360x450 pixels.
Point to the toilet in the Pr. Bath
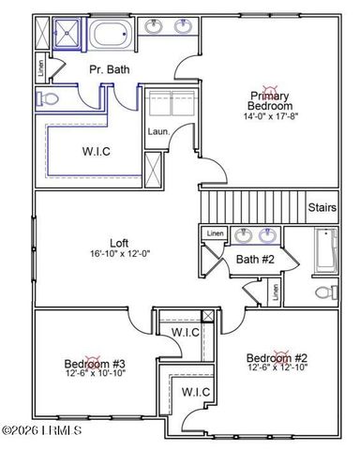(x=47, y=98)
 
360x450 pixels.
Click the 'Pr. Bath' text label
(x=109, y=69)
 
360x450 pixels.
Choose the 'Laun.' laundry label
(x=157, y=131)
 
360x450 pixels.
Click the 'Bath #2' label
(x=253, y=260)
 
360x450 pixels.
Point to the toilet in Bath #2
(x=323, y=292)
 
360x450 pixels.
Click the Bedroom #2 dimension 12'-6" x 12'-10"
(x=277, y=369)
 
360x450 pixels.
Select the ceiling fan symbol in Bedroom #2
(x=278, y=357)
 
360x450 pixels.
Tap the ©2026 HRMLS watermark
(x=42, y=431)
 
